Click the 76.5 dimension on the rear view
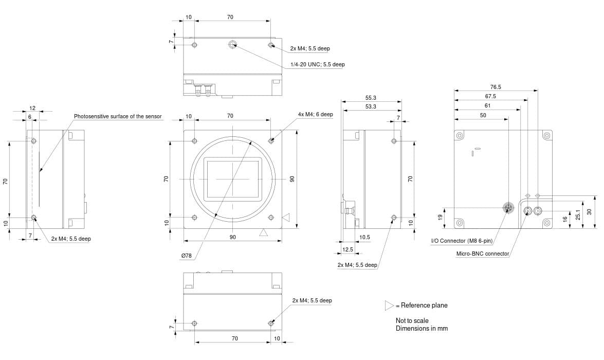(x=496, y=87)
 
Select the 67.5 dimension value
(x=490, y=96)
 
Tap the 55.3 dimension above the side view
(x=371, y=97)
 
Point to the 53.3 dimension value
(x=371, y=106)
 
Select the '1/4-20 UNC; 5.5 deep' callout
(x=317, y=64)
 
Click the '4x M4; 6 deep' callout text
(x=315, y=114)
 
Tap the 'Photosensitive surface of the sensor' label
(x=118, y=116)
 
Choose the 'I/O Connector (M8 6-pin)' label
(x=462, y=241)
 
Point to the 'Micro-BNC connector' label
(x=483, y=254)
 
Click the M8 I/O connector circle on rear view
(x=508, y=208)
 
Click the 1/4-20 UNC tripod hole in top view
(x=232, y=45)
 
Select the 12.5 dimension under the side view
(x=347, y=249)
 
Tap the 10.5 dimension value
(x=364, y=237)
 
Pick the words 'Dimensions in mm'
(x=422, y=328)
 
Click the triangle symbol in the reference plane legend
(x=389, y=305)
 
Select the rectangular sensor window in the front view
(x=232, y=179)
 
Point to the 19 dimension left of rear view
(x=440, y=218)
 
